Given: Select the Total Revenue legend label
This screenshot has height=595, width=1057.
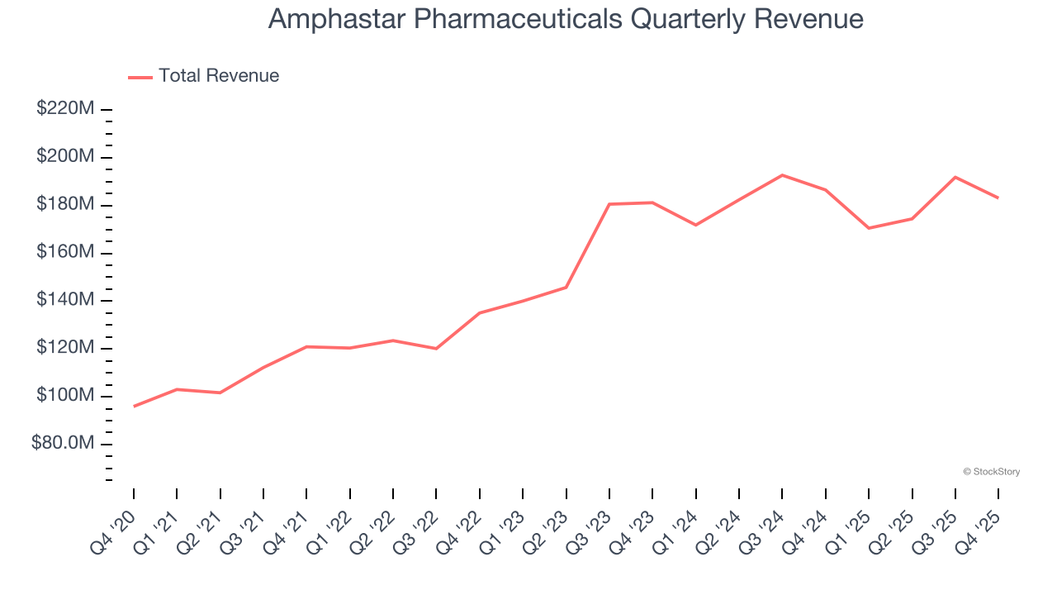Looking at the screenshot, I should click(x=219, y=76).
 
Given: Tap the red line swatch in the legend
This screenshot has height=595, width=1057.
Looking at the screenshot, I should click(x=140, y=77).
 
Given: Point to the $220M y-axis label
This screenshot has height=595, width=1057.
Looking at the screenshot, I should click(x=65, y=109).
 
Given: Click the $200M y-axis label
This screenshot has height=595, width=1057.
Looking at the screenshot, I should click(x=65, y=157).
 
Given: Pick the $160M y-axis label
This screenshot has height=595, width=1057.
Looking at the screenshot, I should click(x=65, y=252).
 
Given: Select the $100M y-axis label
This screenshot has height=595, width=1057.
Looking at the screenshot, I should click(x=65, y=396).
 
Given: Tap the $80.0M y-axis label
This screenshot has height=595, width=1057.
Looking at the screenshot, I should click(x=63, y=444).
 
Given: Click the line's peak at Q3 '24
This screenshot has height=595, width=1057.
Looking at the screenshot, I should click(x=782, y=175).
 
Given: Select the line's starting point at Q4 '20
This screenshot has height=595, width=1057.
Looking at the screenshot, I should click(x=134, y=406).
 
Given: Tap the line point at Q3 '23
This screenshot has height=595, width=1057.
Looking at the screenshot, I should click(x=609, y=204).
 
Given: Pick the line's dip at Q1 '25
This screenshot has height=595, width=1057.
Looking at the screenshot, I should click(x=869, y=228).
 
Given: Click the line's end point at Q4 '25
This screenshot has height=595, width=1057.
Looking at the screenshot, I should click(x=998, y=198).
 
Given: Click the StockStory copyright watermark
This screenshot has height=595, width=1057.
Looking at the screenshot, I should click(x=991, y=472).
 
